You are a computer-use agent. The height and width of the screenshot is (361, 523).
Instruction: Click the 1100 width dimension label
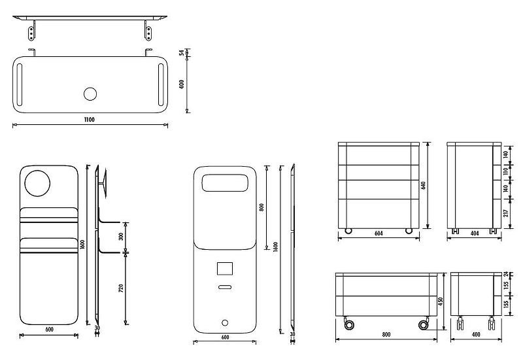[90, 119]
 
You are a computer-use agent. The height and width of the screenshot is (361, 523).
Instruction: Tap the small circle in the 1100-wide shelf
[90, 94]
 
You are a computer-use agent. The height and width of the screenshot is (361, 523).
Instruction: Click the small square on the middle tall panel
[224, 269]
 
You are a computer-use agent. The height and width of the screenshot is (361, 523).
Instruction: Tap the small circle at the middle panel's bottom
[225, 322]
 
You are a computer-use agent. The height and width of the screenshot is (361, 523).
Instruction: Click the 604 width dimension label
[377, 233]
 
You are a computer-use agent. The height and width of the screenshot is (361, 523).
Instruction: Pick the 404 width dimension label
[475, 233]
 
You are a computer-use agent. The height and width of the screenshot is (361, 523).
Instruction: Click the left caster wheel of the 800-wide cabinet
[348, 324]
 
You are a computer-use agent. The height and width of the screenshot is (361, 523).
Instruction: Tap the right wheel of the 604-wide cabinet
[409, 230]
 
